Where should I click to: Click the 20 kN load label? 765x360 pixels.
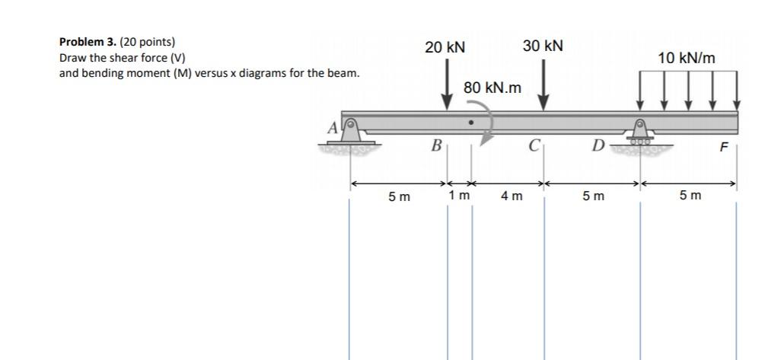pos(445,48)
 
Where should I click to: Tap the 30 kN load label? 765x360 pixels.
pos(543,46)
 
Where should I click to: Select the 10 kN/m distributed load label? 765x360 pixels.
pos(687,58)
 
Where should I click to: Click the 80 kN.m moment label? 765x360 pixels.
pos(492,88)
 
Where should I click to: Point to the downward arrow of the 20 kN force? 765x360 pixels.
pos(446,85)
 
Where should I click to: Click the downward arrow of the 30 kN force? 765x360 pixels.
pos(543,85)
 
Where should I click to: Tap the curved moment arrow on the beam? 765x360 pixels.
pos(486,122)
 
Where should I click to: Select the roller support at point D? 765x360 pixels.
pos(639,132)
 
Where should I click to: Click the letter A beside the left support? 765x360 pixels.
pos(333,129)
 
